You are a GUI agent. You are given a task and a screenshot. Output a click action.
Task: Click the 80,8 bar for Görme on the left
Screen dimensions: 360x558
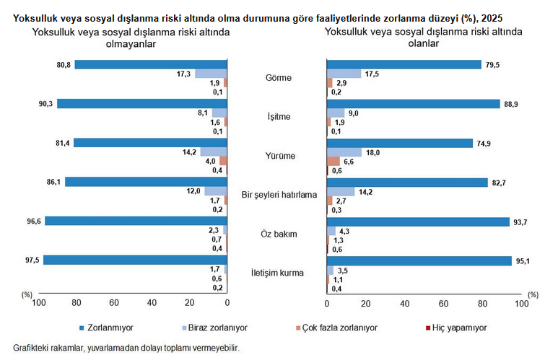151,65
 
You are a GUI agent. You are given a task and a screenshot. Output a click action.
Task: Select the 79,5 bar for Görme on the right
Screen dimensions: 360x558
404,65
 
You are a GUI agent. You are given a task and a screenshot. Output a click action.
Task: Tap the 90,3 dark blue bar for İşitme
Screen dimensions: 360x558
142,104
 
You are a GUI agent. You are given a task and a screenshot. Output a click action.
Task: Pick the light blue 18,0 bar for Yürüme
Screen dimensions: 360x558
344,152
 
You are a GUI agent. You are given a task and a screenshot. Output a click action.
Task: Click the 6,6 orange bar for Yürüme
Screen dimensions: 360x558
333,161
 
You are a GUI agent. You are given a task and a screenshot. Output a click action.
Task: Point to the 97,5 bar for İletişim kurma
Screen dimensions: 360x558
135,260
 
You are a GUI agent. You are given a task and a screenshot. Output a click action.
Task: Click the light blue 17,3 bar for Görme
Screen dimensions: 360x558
211,74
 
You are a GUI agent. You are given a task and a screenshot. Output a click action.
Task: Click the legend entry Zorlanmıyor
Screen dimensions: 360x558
108,328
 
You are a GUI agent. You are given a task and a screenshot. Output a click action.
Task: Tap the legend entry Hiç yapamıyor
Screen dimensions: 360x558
455,328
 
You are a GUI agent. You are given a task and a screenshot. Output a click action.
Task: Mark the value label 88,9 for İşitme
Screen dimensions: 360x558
510,104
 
